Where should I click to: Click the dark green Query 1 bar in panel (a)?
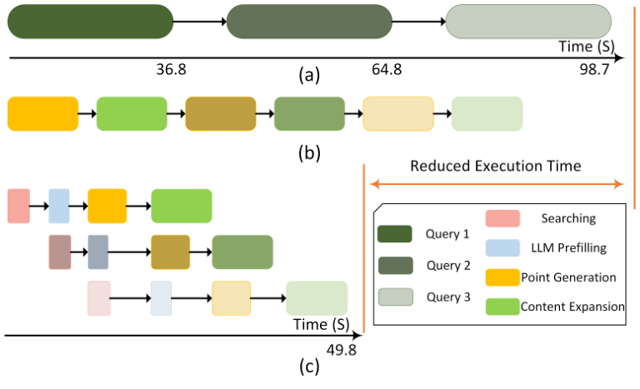pos(90,22)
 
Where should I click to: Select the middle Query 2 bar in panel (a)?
pos(309,22)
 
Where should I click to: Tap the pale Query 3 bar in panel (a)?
pos(528,22)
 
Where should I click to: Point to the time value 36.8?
pos(171,69)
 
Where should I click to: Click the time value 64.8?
pos(387,69)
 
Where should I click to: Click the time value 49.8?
pos(342,350)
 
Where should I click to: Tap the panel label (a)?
pos(308,77)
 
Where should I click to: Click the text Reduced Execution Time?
pos(495,166)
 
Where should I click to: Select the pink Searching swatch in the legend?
pos(502,219)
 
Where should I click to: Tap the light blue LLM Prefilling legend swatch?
pos(502,248)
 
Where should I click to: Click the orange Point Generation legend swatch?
pos(502,277)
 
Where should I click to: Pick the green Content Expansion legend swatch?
pos(502,306)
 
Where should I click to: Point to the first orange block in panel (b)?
pos(42,114)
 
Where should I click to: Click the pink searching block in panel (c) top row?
pos(18,206)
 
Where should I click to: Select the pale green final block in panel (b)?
pos(487,114)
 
